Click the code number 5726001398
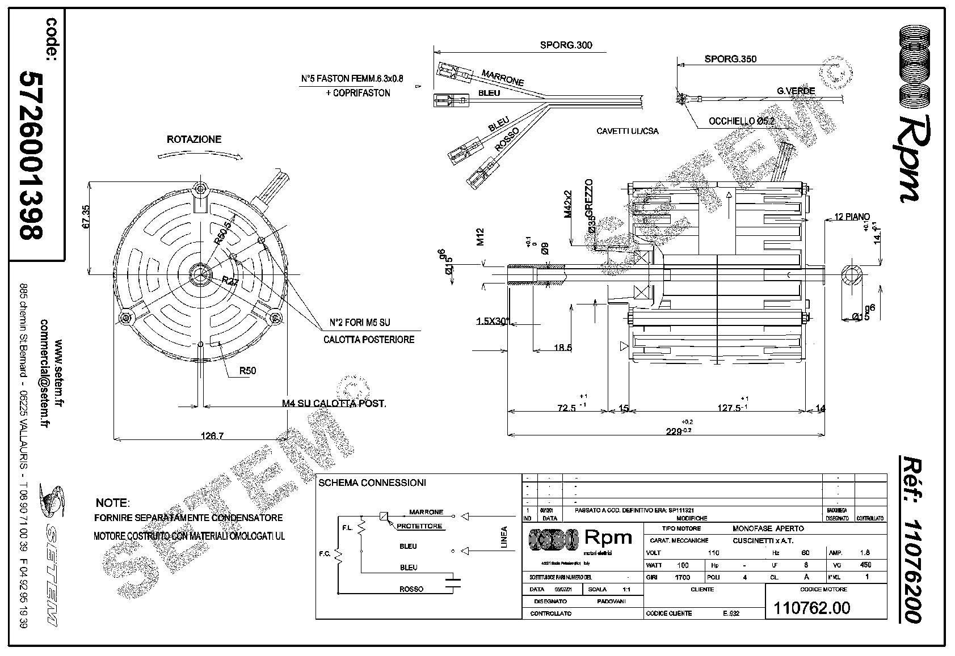(x=32, y=154)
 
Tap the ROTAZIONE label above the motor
(x=194, y=139)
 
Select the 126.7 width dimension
(x=213, y=436)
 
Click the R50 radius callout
(x=247, y=371)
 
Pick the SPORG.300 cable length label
(x=566, y=45)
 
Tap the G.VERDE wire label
(x=796, y=91)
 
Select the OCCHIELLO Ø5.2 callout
(x=741, y=121)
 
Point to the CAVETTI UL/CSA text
(x=628, y=132)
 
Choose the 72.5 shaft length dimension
(x=567, y=408)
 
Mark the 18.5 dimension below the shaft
(x=562, y=348)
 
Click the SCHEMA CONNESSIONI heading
(x=372, y=483)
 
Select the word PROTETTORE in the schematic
(x=419, y=526)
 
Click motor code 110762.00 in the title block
(x=812, y=608)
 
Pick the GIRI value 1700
(x=682, y=577)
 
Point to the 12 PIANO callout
(x=852, y=217)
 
